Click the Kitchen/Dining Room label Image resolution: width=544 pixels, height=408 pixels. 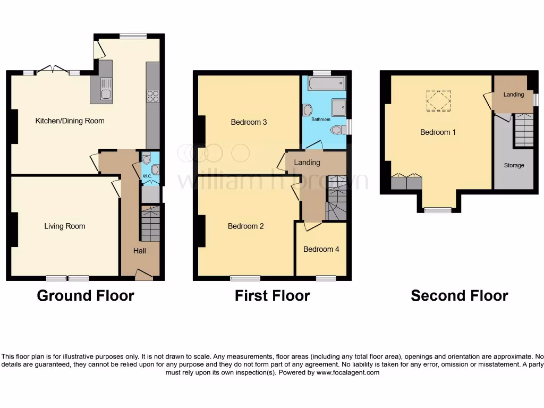pyautogui.click(x=70, y=121)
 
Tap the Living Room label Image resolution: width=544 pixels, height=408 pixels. pyautogui.click(x=64, y=226)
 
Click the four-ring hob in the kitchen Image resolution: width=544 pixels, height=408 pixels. pyautogui.click(x=152, y=96)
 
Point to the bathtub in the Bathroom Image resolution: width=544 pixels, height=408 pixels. pyautogui.click(x=326, y=83)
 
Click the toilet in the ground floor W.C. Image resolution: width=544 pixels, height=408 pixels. pyautogui.click(x=147, y=158)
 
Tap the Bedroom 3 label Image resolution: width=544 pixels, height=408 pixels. pyautogui.click(x=249, y=122)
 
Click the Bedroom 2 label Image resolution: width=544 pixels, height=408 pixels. pyautogui.click(x=245, y=226)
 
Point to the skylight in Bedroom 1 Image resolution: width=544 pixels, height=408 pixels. pyautogui.click(x=438, y=100)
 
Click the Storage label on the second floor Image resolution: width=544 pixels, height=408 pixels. pyautogui.click(x=514, y=165)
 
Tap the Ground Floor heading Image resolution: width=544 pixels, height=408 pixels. pyautogui.click(x=85, y=295)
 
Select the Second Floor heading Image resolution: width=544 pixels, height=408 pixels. pyautogui.click(x=459, y=295)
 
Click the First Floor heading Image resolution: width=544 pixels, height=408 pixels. pyautogui.click(x=272, y=295)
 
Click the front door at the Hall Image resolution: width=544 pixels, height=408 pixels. pyautogui.click(x=143, y=275)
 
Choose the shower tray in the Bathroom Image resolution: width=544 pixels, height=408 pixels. pyautogui.click(x=339, y=107)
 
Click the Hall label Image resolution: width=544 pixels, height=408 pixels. pyautogui.click(x=140, y=251)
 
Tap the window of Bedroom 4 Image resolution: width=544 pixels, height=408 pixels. pyautogui.click(x=326, y=278)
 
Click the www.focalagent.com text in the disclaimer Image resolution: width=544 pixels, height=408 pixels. pyautogui.click(x=348, y=372)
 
